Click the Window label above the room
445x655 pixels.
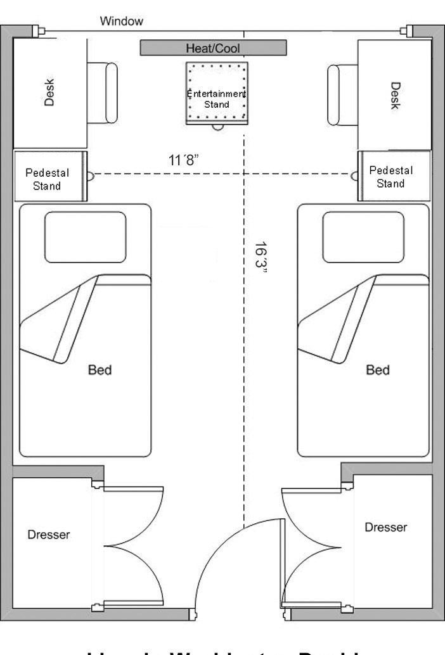[x=122, y=22]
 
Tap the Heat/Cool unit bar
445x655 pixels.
[x=213, y=48]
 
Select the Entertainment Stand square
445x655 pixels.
[x=217, y=94]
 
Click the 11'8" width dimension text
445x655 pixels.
[x=184, y=160]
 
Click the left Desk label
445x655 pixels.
[x=49, y=92]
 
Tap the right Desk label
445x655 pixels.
[x=395, y=95]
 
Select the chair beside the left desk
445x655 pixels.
[x=103, y=92]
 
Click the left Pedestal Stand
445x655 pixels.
[x=48, y=178]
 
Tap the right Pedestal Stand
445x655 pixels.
[x=392, y=177]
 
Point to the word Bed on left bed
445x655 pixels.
[x=100, y=369]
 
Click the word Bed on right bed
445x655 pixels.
[x=378, y=369]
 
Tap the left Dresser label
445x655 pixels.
[x=49, y=535]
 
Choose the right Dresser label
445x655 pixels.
[x=386, y=527]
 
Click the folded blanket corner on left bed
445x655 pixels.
[x=57, y=323]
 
